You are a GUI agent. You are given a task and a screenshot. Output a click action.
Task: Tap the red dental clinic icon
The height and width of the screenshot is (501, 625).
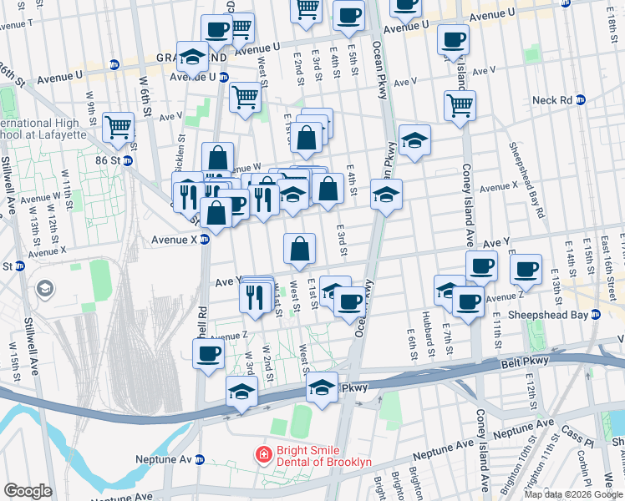click(x=263, y=455)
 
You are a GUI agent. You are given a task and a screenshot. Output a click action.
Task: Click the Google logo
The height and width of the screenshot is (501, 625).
click(x=28, y=491)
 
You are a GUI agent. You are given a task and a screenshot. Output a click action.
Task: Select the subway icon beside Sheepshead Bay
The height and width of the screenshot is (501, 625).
click(x=595, y=315)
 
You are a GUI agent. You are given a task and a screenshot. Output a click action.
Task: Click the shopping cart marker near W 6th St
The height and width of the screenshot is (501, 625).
click(x=118, y=128)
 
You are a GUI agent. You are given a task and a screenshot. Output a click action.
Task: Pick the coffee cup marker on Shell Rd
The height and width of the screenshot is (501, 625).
click(x=208, y=353)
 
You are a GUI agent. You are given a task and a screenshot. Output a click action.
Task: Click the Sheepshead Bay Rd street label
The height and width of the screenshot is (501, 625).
click(x=526, y=180)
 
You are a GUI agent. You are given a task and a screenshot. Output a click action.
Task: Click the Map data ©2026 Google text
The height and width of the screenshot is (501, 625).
click(x=572, y=493)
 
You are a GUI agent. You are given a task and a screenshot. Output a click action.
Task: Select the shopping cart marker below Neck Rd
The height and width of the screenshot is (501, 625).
click(x=460, y=106)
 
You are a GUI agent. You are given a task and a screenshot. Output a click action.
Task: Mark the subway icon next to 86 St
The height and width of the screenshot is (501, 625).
click(x=129, y=160)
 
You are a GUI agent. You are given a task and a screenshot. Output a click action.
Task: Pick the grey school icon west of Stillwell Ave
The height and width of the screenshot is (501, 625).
click(x=44, y=289)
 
